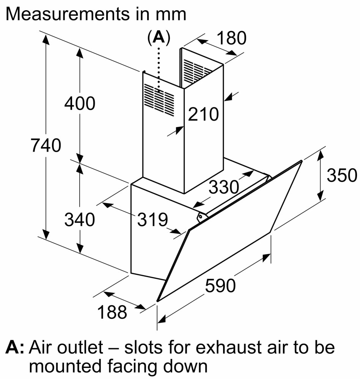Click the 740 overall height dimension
pos(46,146)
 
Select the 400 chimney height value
pos(79,103)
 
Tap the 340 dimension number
pos(79,219)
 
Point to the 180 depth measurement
pos(231,38)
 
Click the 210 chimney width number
pos(204,114)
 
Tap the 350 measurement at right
pos(342,175)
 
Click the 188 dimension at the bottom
pos(112,312)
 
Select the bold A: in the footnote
pos(15,348)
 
